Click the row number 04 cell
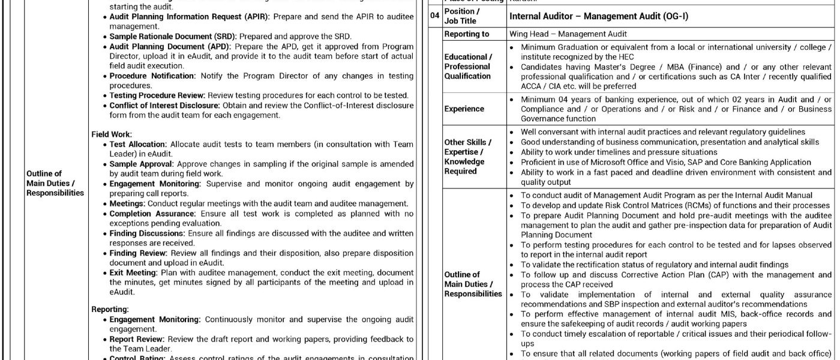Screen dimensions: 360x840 coord(435,16)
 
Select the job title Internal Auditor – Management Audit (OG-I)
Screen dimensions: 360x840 coord(598,16)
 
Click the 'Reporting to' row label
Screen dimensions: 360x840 coord(466,34)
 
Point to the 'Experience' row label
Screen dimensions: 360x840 coord(464,109)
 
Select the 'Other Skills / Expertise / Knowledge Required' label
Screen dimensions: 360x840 coord(467,157)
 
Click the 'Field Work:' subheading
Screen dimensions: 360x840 coord(112,134)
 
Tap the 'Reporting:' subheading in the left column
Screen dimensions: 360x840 coord(110,309)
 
